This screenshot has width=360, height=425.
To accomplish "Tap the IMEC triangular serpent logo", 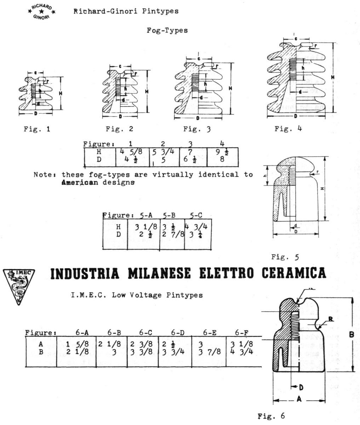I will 18,286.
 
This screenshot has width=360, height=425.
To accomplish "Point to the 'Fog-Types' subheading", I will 167,30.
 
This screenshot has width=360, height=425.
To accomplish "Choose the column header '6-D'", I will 177,333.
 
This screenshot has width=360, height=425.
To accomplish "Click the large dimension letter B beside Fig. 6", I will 351,334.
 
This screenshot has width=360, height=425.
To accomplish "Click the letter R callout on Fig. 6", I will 330,319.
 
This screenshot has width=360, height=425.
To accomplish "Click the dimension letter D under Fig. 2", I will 120,116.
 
